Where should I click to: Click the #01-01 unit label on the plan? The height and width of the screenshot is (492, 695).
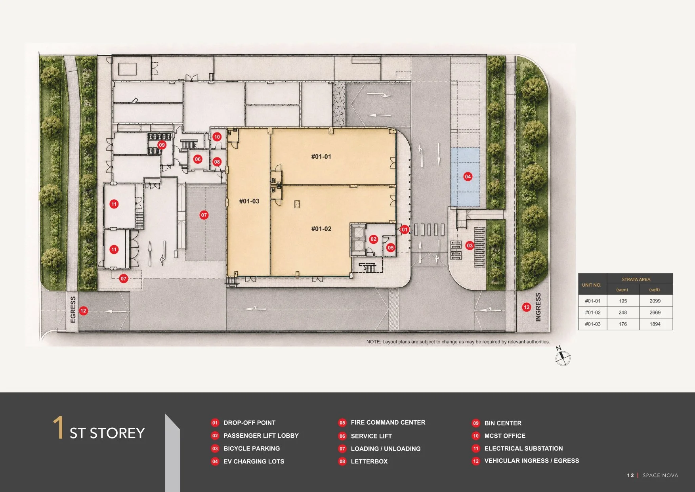pos(321,157)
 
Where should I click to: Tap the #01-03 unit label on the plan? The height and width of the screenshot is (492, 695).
pos(249,201)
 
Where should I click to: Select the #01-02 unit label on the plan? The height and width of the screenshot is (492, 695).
pos(321,229)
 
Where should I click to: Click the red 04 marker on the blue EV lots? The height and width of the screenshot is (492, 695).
pos(468,176)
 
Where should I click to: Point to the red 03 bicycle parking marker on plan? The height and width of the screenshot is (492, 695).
pos(470,245)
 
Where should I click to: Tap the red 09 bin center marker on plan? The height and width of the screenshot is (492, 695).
pos(162,145)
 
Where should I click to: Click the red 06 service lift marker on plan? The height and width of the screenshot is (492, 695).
pos(198,159)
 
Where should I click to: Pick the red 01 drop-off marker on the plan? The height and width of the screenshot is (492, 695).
pos(404,229)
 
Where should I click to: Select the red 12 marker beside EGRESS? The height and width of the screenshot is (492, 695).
pos(83,311)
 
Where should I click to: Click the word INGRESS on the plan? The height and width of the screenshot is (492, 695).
pos(538,307)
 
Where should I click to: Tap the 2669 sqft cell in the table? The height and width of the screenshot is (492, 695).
pos(655,312)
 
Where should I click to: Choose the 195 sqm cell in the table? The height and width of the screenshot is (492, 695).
pos(623,301)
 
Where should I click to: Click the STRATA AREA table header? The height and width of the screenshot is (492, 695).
pos(636,280)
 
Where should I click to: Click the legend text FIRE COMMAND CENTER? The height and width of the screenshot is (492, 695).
pos(388,423)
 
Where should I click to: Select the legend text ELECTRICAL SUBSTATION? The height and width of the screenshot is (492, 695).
pos(523,448)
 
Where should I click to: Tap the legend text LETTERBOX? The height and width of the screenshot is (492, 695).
pos(369,461)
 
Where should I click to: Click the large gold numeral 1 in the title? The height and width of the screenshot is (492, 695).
pos(58,427)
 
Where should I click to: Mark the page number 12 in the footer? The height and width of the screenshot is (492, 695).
pos(630,475)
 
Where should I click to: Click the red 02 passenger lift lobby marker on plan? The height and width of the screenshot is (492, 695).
pos(373,239)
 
